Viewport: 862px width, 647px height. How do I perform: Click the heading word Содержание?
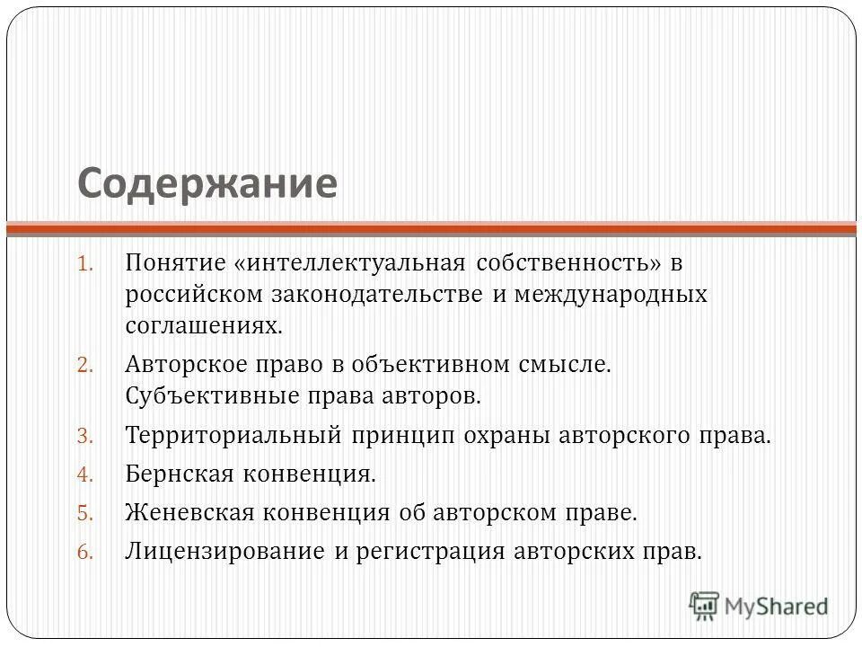point(207,183)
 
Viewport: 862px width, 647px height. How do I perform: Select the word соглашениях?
point(204,324)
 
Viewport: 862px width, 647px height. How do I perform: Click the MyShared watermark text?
point(778,606)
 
